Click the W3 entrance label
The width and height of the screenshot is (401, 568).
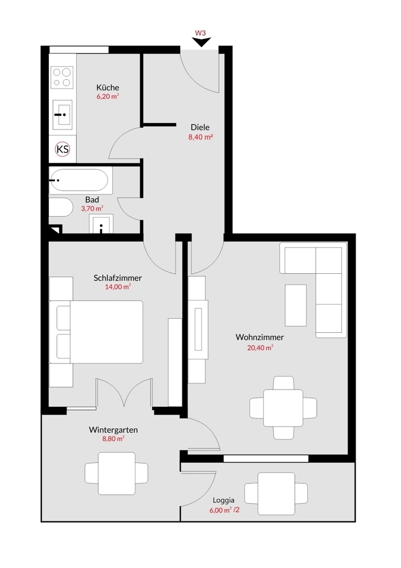pos(200,33)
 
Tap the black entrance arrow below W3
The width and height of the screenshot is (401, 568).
pos(201,43)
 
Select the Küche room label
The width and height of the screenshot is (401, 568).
pos(107,87)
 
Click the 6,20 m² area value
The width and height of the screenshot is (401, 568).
pos(107,97)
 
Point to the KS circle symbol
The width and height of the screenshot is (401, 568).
pos(62,149)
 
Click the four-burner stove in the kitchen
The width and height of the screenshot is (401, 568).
pos(62,77)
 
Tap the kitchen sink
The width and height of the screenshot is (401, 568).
pos(62,115)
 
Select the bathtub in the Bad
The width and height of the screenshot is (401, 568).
pos(78,181)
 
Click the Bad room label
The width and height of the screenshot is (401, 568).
pos(92,199)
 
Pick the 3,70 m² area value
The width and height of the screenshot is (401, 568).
pos(92,208)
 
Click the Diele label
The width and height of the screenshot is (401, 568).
pos(200,127)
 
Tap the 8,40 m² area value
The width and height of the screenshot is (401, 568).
pos(200,137)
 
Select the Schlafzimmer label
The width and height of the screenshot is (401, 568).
pos(118,278)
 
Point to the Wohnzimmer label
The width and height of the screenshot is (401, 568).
pos(260,337)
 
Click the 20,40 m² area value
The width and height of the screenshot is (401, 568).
pos(260,348)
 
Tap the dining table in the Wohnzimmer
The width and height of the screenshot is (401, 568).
pos(283,408)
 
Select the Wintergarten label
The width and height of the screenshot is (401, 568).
pos(114,430)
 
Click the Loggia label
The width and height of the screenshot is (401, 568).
pos(223,500)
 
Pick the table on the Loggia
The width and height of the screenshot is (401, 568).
pos(276,494)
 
